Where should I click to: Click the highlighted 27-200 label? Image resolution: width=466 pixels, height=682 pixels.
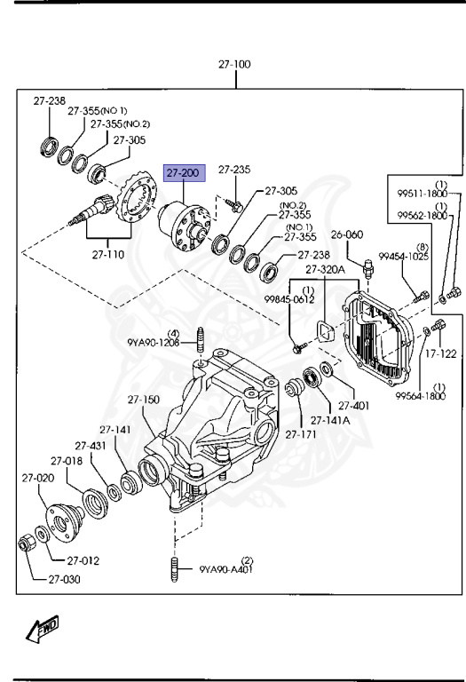183,174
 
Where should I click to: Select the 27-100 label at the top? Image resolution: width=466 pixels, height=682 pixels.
234,65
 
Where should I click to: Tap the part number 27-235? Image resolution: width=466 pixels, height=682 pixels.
234,169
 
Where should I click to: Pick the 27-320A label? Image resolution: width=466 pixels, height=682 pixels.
325,270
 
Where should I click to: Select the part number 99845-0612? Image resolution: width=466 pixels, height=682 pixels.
290,299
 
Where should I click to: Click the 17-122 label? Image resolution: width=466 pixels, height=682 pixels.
440,353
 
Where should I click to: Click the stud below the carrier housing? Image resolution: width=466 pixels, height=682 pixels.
175,568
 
